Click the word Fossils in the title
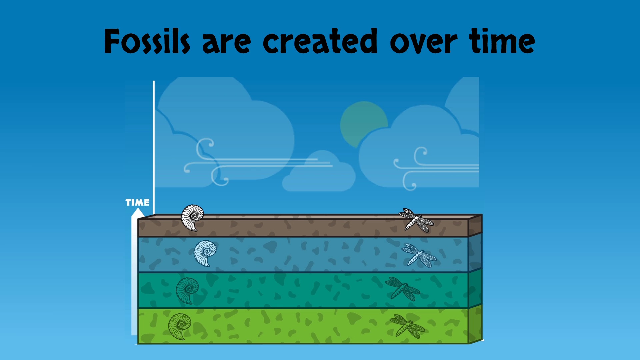(x=147, y=41)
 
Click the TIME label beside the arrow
(x=137, y=202)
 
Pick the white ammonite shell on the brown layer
(x=192, y=218)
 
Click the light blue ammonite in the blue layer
(x=205, y=253)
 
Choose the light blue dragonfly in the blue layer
(x=419, y=256)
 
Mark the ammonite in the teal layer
(x=187, y=291)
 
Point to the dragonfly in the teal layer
(x=402, y=289)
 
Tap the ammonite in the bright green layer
(x=180, y=327)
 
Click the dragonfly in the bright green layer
(x=407, y=326)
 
